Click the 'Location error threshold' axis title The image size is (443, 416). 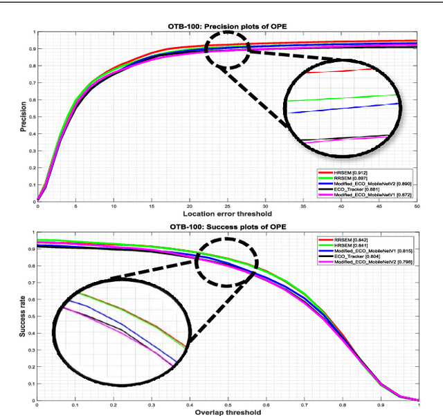(227, 213)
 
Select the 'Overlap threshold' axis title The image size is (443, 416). (227, 413)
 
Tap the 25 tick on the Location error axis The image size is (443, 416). (227, 206)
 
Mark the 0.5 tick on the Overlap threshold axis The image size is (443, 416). (227, 406)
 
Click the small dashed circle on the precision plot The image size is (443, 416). (227, 50)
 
